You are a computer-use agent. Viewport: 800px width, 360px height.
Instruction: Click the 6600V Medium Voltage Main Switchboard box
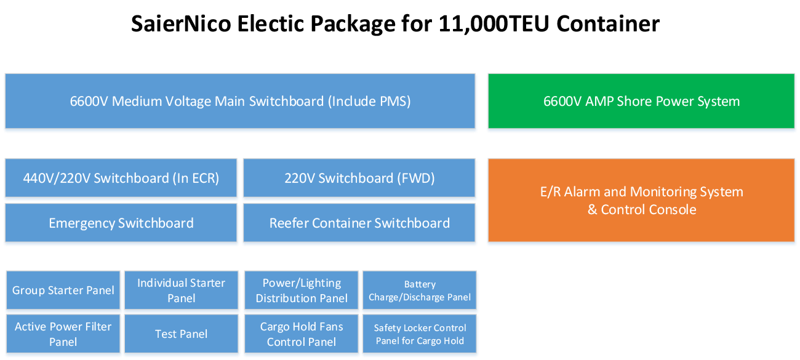click(x=240, y=102)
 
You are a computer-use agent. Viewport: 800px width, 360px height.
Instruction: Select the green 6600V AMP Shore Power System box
click(x=641, y=102)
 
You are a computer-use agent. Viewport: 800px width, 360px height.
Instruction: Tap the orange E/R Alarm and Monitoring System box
click(x=641, y=201)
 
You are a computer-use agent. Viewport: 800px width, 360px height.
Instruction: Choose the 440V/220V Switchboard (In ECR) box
click(x=121, y=178)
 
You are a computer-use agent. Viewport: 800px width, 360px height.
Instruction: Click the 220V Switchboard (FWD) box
click(x=359, y=178)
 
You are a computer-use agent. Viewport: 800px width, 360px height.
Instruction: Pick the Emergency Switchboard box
click(x=121, y=223)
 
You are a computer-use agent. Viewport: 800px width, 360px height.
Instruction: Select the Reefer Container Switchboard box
click(x=359, y=223)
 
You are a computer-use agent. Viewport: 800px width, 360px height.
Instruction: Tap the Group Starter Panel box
click(x=63, y=290)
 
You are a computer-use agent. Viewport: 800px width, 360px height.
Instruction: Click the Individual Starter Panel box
click(x=182, y=290)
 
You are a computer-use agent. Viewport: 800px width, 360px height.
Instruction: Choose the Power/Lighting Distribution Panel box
click(x=302, y=290)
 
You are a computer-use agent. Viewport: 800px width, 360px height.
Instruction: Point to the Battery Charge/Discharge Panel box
click(x=420, y=290)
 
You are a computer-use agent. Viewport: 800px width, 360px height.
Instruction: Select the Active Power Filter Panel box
click(x=63, y=334)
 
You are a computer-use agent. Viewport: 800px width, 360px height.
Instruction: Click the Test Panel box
click(x=182, y=334)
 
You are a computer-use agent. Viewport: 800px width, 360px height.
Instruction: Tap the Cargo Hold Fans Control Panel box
click(x=302, y=334)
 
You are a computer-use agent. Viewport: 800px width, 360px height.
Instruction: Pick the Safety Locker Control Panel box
click(x=420, y=334)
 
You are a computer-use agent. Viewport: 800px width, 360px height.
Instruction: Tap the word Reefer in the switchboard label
click(x=290, y=223)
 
